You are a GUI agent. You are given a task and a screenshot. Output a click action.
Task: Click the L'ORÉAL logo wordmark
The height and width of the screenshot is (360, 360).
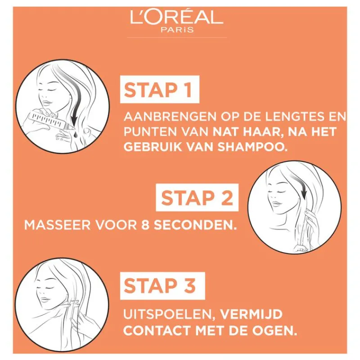click(x=176, y=18)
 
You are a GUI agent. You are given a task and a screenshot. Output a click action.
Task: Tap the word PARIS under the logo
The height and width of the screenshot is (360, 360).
click(x=177, y=30)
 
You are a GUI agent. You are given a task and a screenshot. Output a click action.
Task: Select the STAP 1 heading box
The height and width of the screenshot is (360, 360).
click(x=160, y=89)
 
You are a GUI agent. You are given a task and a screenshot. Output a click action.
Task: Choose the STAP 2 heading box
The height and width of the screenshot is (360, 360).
click(x=197, y=198)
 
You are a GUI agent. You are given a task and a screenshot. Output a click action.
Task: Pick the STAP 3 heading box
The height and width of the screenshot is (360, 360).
click(x=162, y=286)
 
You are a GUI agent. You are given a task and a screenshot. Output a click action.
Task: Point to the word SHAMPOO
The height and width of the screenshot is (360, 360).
click(x=252, y=147)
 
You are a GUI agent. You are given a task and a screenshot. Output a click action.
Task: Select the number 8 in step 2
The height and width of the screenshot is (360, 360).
click(x=145, y=225)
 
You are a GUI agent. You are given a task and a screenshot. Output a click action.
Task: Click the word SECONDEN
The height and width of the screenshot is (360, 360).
click(x=195, y=225)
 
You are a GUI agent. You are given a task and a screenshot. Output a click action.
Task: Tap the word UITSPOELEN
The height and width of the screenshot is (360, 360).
click(x=170, y=314)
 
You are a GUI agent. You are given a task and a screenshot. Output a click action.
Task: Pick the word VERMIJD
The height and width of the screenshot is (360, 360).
click(x=251, y=314)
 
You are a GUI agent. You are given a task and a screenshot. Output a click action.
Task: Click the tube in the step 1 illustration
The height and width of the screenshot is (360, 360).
click(x=52, y=121)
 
